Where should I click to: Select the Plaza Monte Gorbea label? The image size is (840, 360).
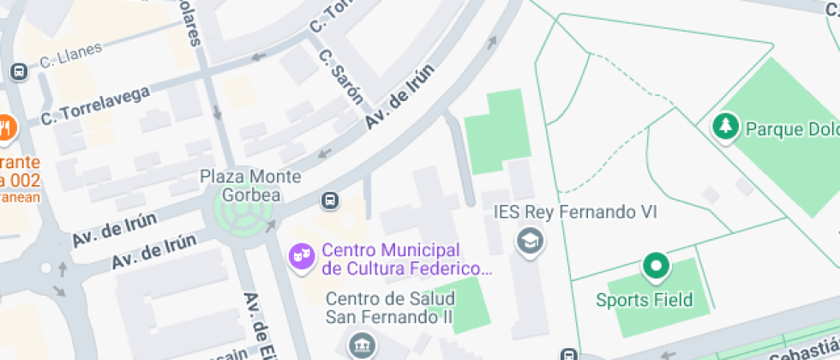pos(250,185)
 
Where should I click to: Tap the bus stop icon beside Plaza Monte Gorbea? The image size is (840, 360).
pos(328,201)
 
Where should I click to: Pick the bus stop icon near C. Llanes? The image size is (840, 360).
pos(16,72)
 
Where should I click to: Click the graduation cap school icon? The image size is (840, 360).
pos(530,241)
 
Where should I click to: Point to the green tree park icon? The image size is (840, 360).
pos(726,128)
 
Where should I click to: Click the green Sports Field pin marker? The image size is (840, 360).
pos(657,267)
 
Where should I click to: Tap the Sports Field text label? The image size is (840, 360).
pos(644,300)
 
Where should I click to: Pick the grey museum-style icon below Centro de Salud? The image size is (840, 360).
pos(359,346)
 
